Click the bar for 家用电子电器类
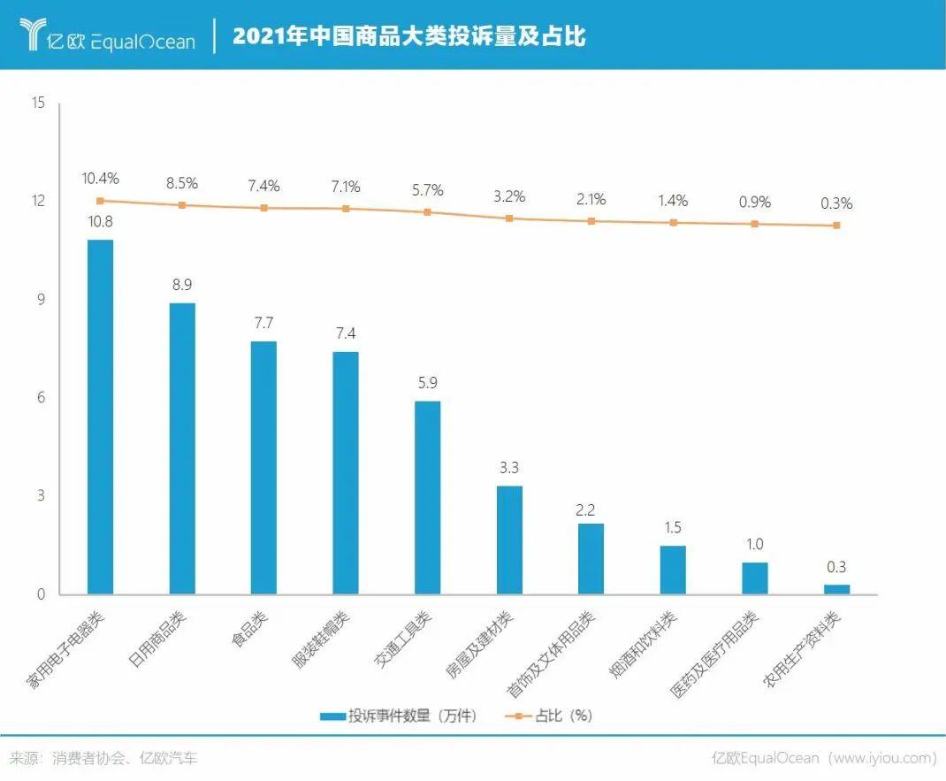(100, 417)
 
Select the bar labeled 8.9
(182, 448)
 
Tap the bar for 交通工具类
(428, 497)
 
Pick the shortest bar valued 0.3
(836, 589)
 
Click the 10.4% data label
(100, 179)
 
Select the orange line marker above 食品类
(263, 208)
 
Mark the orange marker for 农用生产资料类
(836, 226)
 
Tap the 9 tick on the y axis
(40, 300)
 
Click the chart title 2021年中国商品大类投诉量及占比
(408, 36)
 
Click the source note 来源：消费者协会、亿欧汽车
(103, 758)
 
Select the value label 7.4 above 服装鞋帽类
(346, 333)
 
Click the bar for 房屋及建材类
(509, 540)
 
